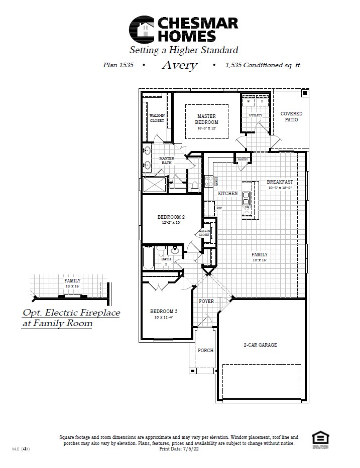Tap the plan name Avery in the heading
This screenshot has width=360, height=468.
coord(179,65)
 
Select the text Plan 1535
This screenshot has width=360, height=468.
coord(118,65)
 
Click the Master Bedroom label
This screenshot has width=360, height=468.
coord(206,119)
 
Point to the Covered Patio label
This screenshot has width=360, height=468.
coord(291,117)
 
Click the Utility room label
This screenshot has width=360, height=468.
coord(256,115)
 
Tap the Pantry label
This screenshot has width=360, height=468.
coord(243,160)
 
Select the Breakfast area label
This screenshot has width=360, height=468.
coord(280,182)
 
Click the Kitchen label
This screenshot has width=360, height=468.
coord(227,194)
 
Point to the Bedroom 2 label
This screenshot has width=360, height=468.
coord(171,217)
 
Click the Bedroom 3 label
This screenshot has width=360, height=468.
coord(164,311)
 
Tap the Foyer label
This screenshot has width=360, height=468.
coord(206,301)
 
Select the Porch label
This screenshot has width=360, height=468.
coord(205,350)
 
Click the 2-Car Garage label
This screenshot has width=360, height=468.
coord(260,345)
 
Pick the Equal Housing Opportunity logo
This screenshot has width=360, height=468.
coord(319,437)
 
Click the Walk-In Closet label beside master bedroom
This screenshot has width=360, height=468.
coord(157,118)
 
